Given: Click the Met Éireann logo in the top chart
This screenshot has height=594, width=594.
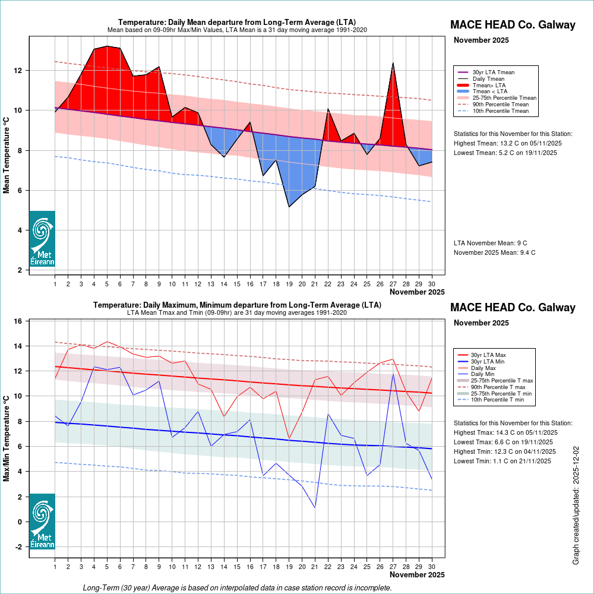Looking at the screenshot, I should coord(42,238).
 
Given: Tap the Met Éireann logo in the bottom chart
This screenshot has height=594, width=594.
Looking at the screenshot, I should coord(42,521).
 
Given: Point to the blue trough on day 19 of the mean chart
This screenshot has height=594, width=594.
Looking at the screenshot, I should coord(289,206).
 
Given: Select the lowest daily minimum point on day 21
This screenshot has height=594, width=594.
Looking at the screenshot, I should coord(315,507).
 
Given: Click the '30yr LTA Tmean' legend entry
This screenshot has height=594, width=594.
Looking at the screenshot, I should coord(493,72).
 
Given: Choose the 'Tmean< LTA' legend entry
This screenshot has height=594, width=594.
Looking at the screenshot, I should coord(489,91).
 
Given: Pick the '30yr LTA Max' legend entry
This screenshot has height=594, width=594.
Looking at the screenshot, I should coord(489,355).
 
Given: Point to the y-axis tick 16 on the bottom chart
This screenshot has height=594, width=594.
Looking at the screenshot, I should coord(18,321).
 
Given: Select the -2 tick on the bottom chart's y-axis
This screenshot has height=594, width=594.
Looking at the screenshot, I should coord(18,546).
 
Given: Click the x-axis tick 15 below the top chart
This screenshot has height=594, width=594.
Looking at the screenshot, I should coord(237,284).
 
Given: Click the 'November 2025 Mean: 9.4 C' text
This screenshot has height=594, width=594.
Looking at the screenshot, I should coord(495,252).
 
